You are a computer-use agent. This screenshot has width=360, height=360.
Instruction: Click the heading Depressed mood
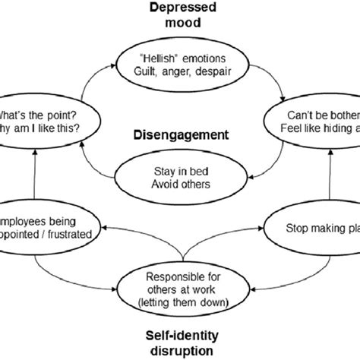pyautogui.click(x=179, y=16)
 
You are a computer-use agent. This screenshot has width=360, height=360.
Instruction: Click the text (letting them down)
pyautogui.click(x=180, y=302)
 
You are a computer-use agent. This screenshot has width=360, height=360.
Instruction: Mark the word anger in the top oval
pyautogui.click(x=178, y=71)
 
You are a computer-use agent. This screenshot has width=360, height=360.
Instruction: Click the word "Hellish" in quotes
pyautogui.click(x=156, y=57)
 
